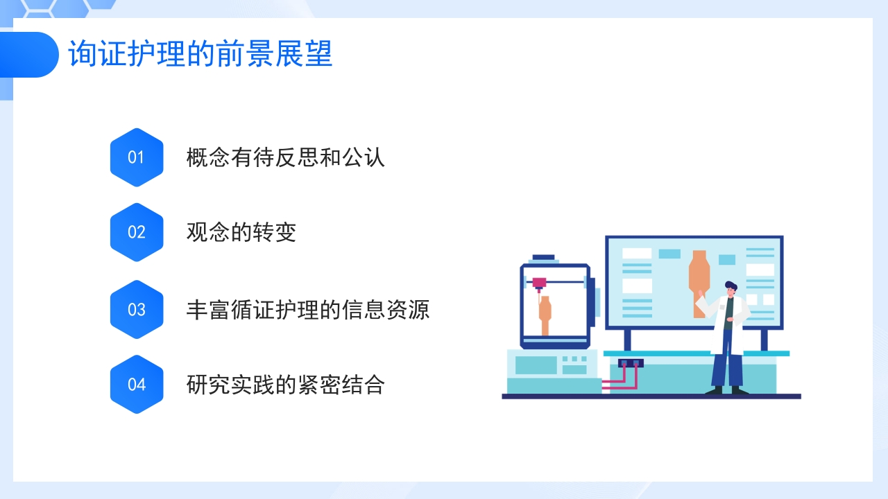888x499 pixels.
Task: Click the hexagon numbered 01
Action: (137, 157)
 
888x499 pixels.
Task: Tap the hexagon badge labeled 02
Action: (137, 232)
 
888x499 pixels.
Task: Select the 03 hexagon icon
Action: (137, 309)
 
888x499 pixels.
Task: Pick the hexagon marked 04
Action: (137, 384)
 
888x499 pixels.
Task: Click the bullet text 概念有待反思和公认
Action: (285, 157)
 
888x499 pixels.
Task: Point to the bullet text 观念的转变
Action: (241, 232)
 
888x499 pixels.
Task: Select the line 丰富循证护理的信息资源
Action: (308, 309)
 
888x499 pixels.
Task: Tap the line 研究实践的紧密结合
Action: (285, 384)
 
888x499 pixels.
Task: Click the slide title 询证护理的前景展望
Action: (200, 54)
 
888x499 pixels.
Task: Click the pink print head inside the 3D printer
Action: (539, 282)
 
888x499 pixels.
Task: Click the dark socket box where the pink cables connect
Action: (631, 362)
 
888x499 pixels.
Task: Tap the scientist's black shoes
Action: (726, 390)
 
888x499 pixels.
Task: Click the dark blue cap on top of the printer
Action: (543, 258)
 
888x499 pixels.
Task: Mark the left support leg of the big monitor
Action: (627, 340)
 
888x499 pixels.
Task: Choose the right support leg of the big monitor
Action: (764, 340)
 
